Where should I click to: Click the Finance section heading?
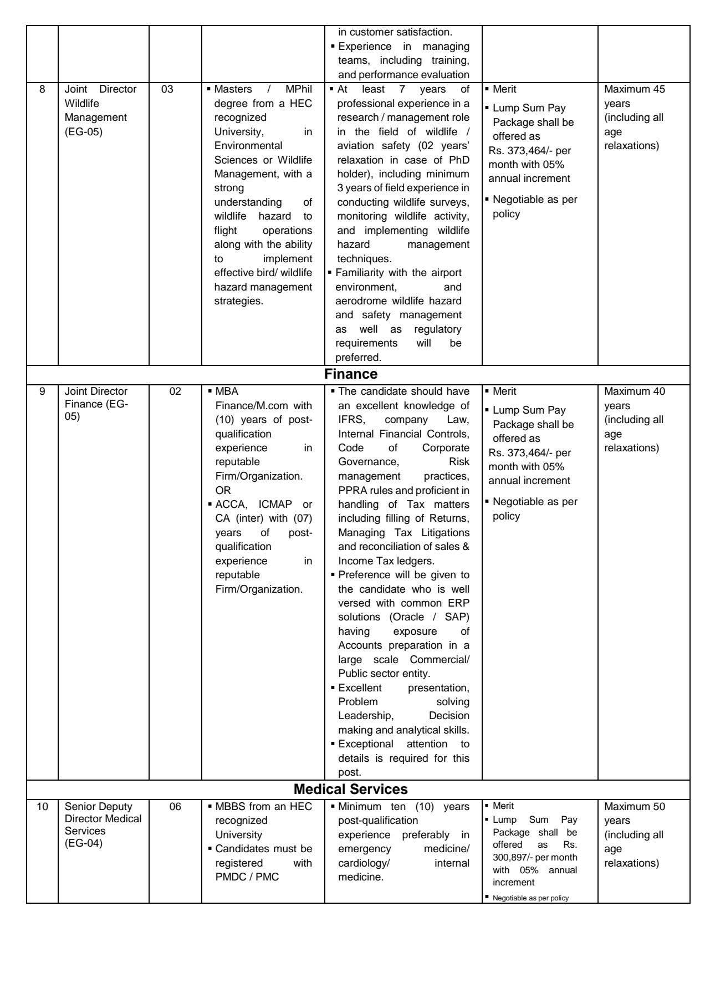[x=351, y=374]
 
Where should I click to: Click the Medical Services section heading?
[x=350, y=789]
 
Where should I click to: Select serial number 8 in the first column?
[x=42, y=89]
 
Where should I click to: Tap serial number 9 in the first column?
[x=42, y=391]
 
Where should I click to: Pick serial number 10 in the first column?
[x=42, y=807]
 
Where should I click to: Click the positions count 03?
[x=167, y=89]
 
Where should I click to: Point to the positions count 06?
[x=175, y=807]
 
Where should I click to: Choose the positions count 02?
[x=175, y=391]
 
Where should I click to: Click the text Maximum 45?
[x=635, y=89]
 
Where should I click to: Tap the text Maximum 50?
[x=635, y=807]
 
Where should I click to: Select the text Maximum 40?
[x=635, y=391]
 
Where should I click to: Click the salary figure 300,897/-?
[x=513, y=857]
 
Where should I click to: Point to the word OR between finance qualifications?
[x=223, y=491]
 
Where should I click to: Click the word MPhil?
[x=299, y=89]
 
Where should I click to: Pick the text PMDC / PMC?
[x=247, y=877]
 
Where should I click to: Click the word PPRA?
[x=351, y=491]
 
